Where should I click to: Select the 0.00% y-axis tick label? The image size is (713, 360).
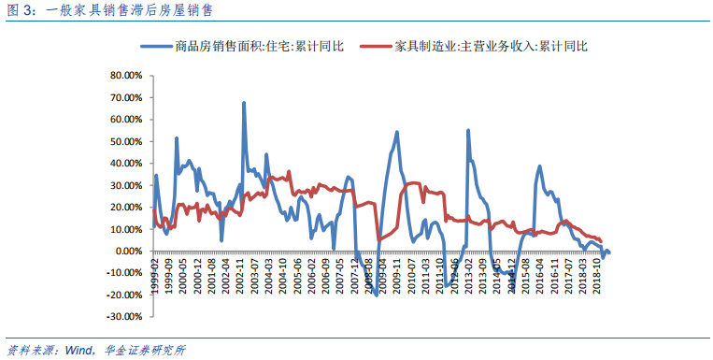click(126, 252)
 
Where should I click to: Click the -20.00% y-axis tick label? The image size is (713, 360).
click(121, 295)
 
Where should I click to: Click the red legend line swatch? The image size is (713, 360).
click(375, 46)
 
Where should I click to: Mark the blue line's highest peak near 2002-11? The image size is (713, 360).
click(244, 103)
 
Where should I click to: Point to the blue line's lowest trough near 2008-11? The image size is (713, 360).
click(376, 295)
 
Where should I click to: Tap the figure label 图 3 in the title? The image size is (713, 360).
click(20, 11)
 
